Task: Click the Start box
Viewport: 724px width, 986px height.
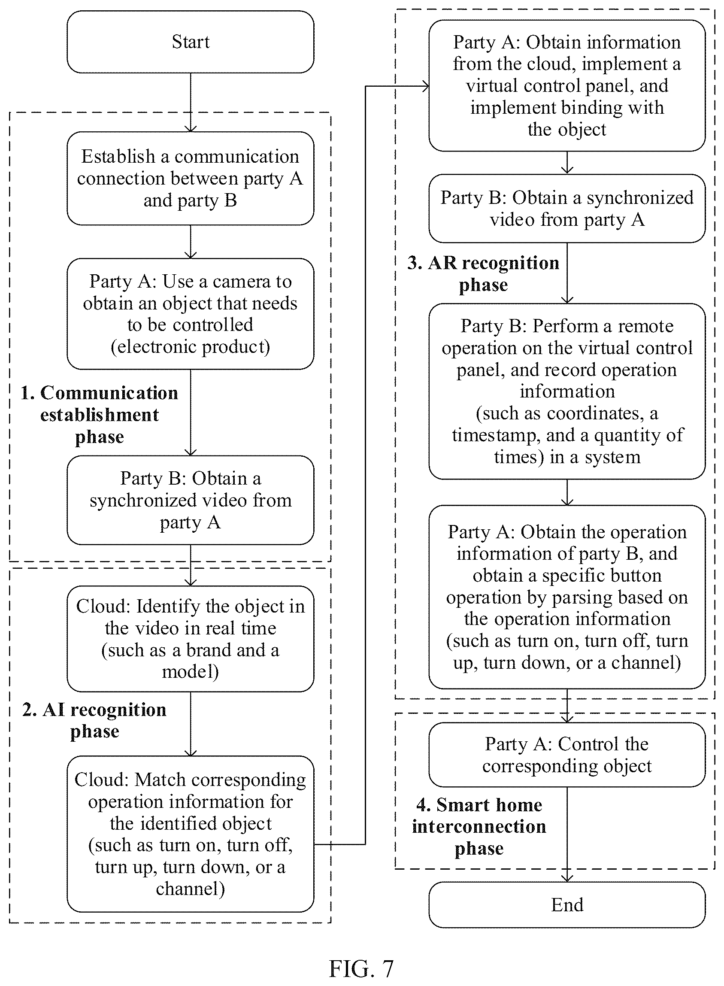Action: [191, 42]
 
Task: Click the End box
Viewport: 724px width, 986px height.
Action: [567, 904]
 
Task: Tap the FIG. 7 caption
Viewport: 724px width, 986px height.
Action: [361, 968]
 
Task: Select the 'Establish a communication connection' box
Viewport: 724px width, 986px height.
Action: [191, 179]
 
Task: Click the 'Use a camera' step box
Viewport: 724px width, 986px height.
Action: [191, 314]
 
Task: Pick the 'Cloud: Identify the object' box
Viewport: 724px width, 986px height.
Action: [191, 638]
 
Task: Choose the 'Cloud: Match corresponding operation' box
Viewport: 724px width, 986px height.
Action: [191, 834]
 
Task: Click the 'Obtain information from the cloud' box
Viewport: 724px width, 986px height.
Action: [567, 85]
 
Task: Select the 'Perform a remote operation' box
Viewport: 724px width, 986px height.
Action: [567, 391]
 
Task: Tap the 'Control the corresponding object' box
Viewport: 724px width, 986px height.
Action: [567, 755]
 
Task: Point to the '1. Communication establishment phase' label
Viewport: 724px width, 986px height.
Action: [100, 415]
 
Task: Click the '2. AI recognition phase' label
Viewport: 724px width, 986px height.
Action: [95, 720]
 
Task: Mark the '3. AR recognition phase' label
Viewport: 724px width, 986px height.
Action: [483, 273]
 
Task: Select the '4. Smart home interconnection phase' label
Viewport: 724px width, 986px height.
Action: [479, 826]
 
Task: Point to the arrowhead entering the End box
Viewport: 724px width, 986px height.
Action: [567, 878]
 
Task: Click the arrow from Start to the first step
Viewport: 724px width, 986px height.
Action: [191, 103]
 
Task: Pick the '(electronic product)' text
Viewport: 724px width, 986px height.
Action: [191, 347]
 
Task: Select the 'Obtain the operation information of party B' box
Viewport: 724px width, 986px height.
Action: [567, 597]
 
